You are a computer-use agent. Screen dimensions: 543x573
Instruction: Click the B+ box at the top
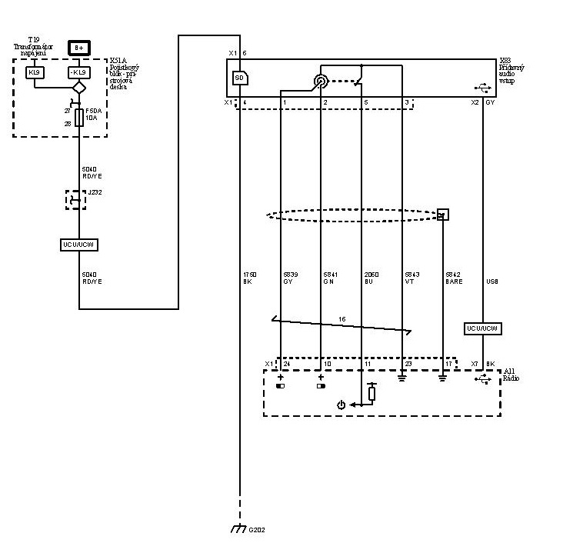[x=79, y=48]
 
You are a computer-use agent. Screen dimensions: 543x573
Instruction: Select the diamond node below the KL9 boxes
[x=79, y=88]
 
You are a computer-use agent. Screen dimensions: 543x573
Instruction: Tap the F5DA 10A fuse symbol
[x=79, y=116]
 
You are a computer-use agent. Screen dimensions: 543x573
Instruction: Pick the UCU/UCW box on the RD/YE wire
[x=79, y=245]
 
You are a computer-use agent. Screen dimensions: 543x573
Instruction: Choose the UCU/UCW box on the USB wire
[x=483, y=328]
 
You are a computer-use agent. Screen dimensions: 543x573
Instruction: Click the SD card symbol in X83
[x=239, y=78]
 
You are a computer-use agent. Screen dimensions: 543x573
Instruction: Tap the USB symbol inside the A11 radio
[x=483, y=380]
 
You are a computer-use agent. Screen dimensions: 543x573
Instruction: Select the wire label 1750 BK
[x=248, y=277]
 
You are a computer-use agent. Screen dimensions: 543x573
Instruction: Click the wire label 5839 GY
[x=289, y=277]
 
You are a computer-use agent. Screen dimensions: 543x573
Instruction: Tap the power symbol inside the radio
[x=342, y=405]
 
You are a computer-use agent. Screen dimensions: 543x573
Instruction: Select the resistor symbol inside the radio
[x=371, y=393]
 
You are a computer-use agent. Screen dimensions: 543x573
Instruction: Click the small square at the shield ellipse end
[x=442, y=215]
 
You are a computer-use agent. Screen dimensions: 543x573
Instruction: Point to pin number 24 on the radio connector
[x=286, y=363]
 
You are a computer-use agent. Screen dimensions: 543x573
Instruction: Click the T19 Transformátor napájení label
[x=35, y=47]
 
